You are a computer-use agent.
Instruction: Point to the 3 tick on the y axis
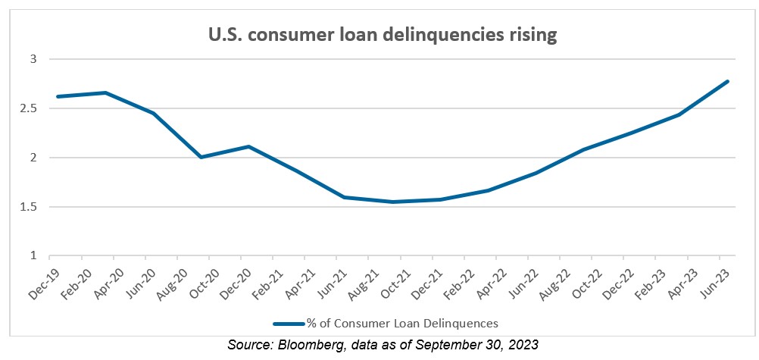[33, 59]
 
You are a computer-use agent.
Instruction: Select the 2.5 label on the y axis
[29, 108]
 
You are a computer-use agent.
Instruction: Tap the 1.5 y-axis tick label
[29, 207]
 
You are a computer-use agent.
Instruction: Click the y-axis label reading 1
[33, 256]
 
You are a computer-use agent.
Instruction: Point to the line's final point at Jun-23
[728, 81]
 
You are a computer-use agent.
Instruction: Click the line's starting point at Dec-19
[58, 96]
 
